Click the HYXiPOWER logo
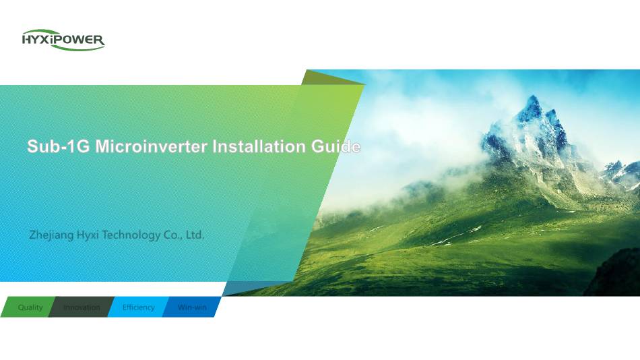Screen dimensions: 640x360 point(63,40)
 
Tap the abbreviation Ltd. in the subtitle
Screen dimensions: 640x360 point(195,235)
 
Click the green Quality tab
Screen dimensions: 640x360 point(28,307)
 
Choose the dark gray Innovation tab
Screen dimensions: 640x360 point(82,307)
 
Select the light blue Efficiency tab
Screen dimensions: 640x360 point(138,307)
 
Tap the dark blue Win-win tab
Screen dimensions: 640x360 point(192,307)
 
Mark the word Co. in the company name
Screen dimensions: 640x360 point(173,235)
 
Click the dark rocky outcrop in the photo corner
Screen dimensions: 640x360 point(614,274)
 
